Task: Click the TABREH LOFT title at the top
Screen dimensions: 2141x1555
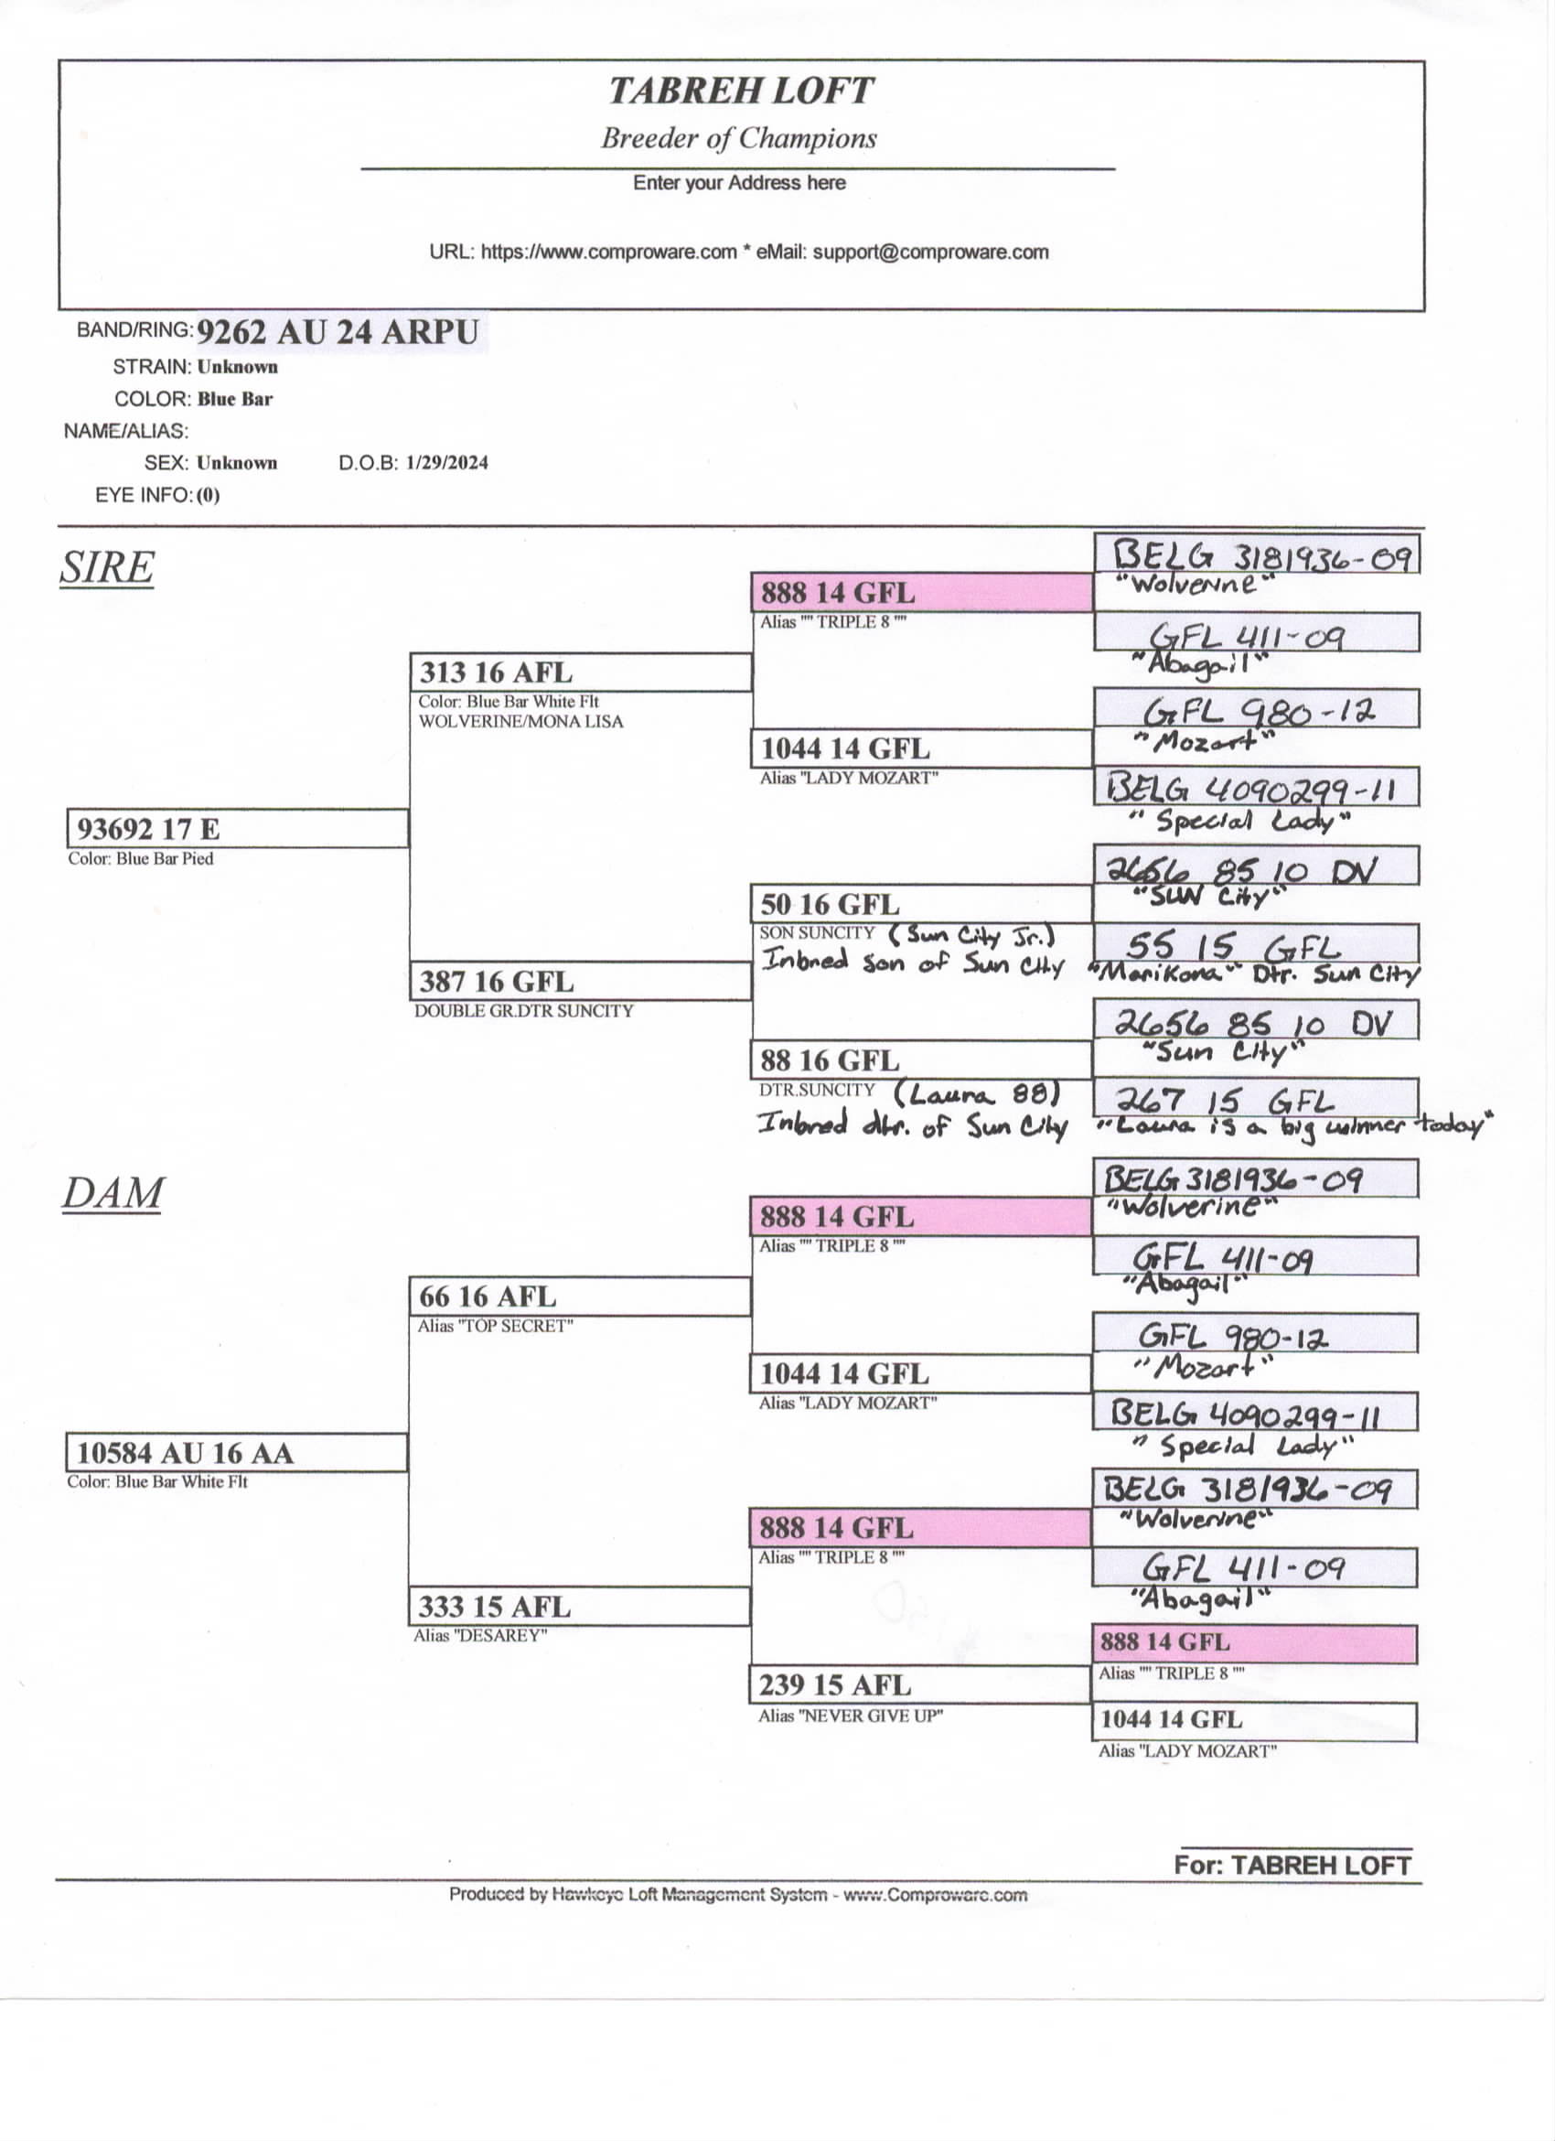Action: point(740,91)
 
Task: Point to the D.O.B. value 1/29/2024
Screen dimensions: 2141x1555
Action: point(446,463)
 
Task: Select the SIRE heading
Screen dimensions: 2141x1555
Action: point(107,567)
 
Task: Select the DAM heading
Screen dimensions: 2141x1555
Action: point(113,1193)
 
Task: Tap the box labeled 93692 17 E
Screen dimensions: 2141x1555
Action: point(238,829)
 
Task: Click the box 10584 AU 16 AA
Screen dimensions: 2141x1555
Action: point(236,1453)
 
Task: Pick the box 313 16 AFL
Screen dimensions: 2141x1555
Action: point(580,673)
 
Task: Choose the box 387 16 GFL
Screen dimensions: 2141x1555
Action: point(580,982)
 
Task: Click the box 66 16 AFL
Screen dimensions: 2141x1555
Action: point(580,1297)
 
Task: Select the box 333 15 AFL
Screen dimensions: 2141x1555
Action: point(580,1607)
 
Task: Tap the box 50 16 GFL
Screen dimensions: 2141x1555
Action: point(921,904)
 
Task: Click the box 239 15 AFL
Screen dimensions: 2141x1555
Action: point(920,1685)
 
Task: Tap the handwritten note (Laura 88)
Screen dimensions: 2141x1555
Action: point(978,1094)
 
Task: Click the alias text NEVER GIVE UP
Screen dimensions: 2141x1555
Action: point(850,1716)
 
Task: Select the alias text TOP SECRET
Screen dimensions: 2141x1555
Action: point(496,1327)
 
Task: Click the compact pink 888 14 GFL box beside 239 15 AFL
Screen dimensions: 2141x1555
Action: point(1255,1642)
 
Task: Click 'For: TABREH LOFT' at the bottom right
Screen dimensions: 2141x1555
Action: point(1292,1866)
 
